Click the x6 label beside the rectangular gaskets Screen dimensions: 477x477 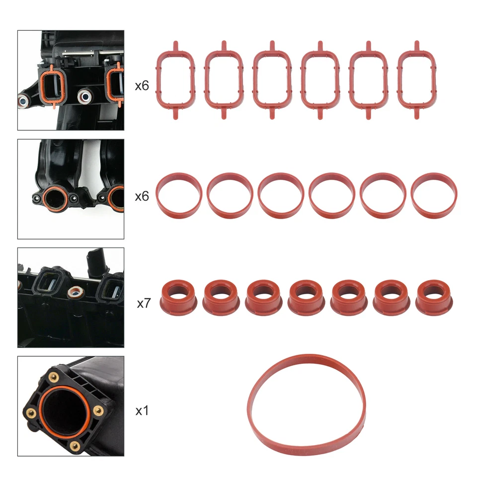[x=142, y=85]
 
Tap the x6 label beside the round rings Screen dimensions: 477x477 [x=142, y=196]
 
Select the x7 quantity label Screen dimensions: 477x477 [x=143, y=303]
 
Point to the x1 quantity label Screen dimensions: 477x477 [x=142, y=411]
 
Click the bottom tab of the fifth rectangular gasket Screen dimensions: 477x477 [x=368, y=114]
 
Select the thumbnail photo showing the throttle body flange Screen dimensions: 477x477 [x=71, y=406]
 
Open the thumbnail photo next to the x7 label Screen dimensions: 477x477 [x=71, y=298]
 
